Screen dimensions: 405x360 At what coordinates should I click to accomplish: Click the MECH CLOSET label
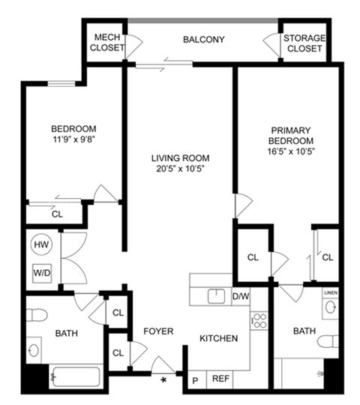[x=106, y=43]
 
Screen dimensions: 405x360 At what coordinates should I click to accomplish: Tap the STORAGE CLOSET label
[x=303, y=43]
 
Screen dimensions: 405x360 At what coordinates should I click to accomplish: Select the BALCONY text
[x=203, y=40]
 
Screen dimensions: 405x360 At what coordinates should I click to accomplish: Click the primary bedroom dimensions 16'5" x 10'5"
[x=289, y=151]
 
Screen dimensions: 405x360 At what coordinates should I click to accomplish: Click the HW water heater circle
[x=41, y=244]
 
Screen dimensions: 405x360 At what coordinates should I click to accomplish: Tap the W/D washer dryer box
[x=41, y=272]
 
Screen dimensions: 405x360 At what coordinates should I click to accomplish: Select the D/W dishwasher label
[x=240, y=296]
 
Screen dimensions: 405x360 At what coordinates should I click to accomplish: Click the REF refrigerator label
[x=220, y=379]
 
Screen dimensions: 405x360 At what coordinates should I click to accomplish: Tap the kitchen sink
[x=217, y=295]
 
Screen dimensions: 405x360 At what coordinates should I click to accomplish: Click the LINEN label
[x=330, y=291]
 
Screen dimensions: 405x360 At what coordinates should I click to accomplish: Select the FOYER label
[x=159, y=331]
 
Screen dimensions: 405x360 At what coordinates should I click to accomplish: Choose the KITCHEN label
[x=218, y=339]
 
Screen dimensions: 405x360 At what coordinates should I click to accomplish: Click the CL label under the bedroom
[x=58, y=214]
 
